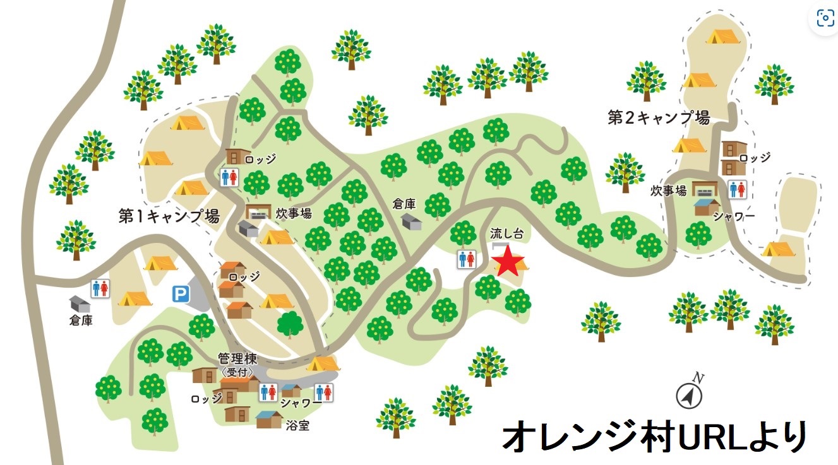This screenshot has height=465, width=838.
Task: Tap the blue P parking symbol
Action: (x=181, y=293)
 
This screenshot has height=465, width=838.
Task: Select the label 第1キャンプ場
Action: (x=169, y=216)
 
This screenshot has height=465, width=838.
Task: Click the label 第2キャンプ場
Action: (x=659, y=118)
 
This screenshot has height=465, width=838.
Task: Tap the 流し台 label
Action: (x=507, y=233)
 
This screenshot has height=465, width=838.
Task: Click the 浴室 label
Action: (x=296, y=425)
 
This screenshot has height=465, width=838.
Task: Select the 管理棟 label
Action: (x=237, y=359)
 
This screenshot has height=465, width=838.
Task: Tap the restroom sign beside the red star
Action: (x=466, y=259)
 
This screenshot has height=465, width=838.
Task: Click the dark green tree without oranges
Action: (x=290, y=324)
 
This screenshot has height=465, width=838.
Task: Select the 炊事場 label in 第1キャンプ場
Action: (x=294, y=213)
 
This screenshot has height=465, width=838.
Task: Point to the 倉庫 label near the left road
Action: (x=81, y=321)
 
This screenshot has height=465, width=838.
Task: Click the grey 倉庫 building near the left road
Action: (x=80, y=303)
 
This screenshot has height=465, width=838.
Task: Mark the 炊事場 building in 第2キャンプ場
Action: (x=705, y=188)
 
